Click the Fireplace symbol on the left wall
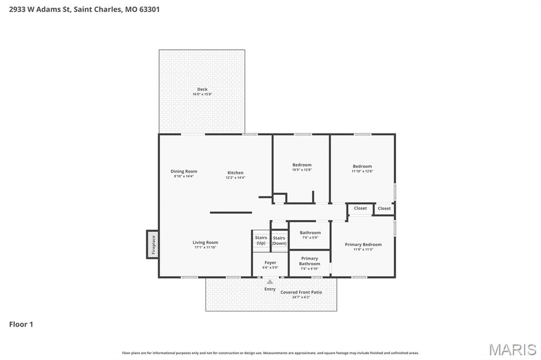coord(153,244)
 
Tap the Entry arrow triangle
coord(270,282)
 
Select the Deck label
coord(202,89)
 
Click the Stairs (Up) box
coord(261,241)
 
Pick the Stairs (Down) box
coord(279,241)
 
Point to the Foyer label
coord(270,262)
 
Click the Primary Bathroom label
coord(310,261)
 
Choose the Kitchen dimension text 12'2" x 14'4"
coord(236,178)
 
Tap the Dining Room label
coord(184,171)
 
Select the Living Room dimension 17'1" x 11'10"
coord(205,248)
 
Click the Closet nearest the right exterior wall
coord(384,209)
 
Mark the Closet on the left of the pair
coord(360,209)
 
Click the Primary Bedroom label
coord(363,244)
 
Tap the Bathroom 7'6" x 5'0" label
coord(310,233)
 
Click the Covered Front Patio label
coord(301,292)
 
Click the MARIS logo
coord(512,349)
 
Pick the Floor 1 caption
coord(21,324)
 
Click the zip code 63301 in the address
coord(150,9)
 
